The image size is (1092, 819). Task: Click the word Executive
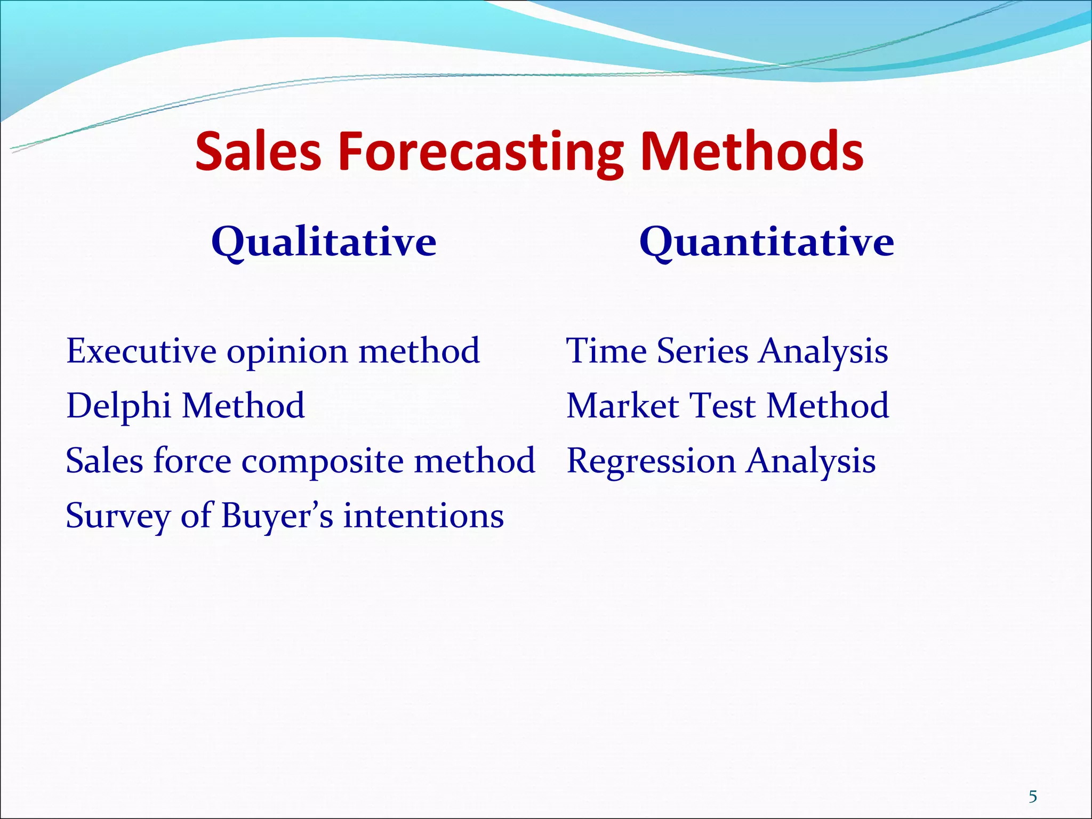coord(141,351)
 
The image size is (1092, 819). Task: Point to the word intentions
coord(423,516)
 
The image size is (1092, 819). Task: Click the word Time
coord(606,351)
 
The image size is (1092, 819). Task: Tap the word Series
coord(702,351)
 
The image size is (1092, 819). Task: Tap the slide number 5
coord(1033,797)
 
